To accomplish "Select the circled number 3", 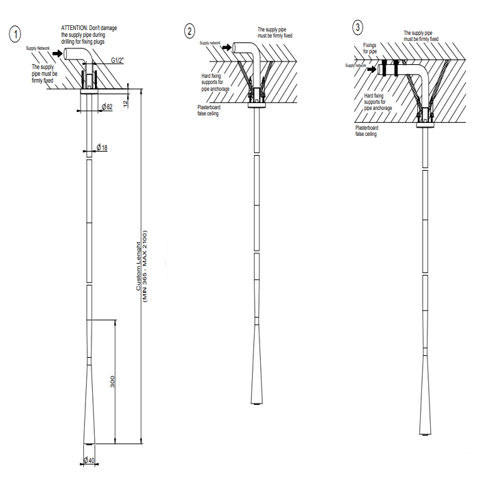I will coord(358,27).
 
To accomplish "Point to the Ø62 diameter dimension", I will coord(105,107).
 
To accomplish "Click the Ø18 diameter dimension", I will coord(102,147).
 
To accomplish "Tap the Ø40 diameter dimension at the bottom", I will coord(89,461).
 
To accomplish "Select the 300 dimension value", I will coord(113,382).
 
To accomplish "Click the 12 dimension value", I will coord(126,102).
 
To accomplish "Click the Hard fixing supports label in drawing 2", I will coord(215,81).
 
